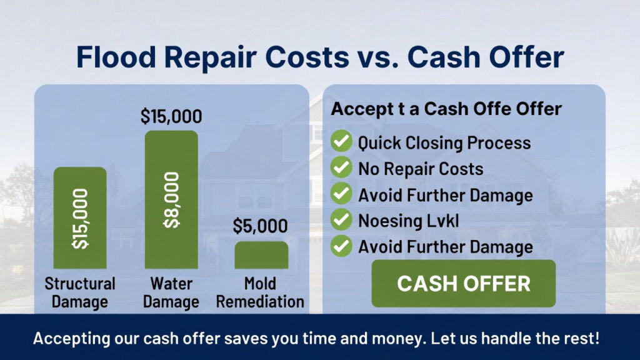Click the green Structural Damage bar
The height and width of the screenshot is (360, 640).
(x=80, y=217)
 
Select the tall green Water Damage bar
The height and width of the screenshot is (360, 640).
(x=171, y=199)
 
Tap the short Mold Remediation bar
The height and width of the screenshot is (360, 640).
(x=261, y=255)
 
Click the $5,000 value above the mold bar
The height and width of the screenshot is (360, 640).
(x=261, y=226)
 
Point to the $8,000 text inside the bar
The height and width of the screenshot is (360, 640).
(x=171, y=200)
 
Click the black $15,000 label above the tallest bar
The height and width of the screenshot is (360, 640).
(x=171, y=116)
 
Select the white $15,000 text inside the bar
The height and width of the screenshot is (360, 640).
(x=80, y=219)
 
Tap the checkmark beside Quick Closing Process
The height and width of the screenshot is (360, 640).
(x=341, y=141)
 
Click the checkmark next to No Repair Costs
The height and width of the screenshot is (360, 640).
(x=341, y=167)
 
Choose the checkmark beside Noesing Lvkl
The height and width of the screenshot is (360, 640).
(x=341, y=219)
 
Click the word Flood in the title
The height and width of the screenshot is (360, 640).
(x=116, y=56)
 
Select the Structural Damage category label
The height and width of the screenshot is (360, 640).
(x=80, y=292)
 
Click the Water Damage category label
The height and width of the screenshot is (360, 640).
(x=171, y=292)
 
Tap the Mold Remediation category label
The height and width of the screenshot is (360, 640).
(x=260, y=292)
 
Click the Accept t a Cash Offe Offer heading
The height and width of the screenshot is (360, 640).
(x=446, y=109)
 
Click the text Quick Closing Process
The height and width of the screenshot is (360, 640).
(x=444, y=143)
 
